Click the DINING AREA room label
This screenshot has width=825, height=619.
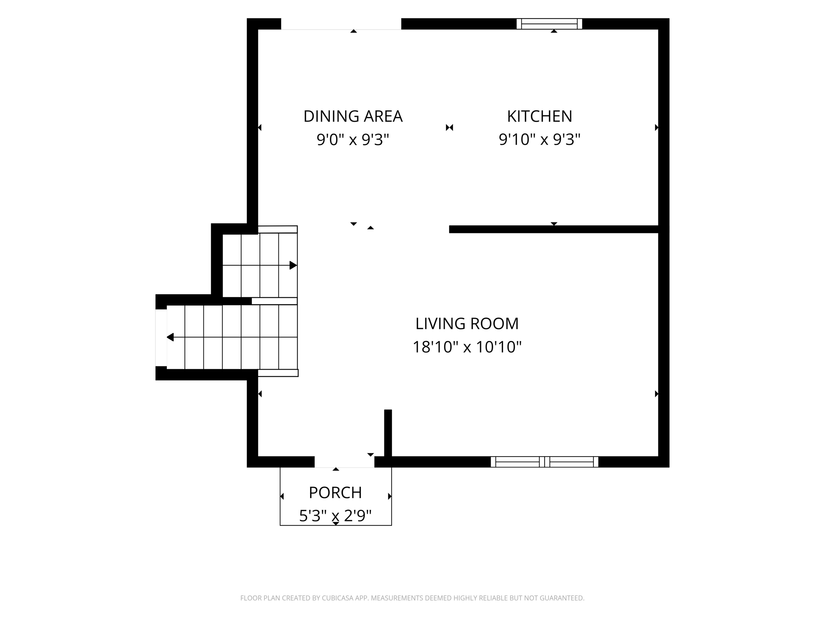(x=353, y=116)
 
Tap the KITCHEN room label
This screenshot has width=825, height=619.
(x=539, y=116)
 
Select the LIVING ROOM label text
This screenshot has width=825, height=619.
(x=467, y=323)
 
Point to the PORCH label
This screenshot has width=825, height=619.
(x=335, y=492)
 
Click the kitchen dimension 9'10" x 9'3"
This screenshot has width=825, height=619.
(x=539, y=139)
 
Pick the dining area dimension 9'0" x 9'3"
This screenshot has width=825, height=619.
(x=353, y=139)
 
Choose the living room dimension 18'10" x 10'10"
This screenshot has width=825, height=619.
(x=467, y=347)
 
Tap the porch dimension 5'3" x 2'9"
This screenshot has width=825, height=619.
(x=335, y=515)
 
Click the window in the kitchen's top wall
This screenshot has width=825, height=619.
(x=549, y=24)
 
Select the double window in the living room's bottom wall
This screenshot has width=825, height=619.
(x=544, y=462)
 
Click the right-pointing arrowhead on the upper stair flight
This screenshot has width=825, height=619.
(x=293, y=265)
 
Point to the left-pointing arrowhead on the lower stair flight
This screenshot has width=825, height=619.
(x=170, y=337)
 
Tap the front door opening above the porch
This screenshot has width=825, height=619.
(x=344, y=462)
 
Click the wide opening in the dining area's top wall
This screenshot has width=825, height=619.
(x=341, y=24)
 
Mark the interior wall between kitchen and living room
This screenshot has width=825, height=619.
(x=553, y=229)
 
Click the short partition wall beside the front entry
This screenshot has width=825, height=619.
(x=388, y=433)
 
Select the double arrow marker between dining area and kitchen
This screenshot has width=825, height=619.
(x=450, y=127)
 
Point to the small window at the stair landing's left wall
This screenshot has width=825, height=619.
(x=161, y=337)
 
